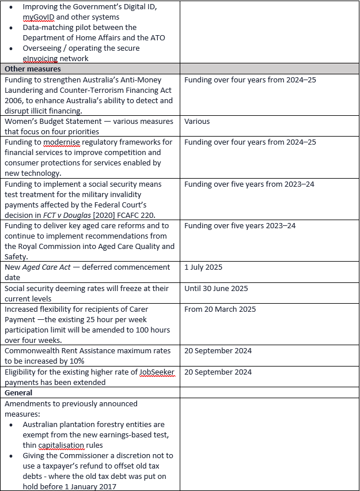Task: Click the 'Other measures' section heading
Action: [33, 69]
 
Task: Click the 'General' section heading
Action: [18, 392]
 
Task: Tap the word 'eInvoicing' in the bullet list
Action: [42, 58]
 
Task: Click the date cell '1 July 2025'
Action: [203, 267]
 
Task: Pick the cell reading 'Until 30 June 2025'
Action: [216, 288]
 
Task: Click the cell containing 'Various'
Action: [197, 122]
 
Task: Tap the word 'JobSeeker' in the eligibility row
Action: [157, 372]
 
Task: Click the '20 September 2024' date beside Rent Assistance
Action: [218, 350]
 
